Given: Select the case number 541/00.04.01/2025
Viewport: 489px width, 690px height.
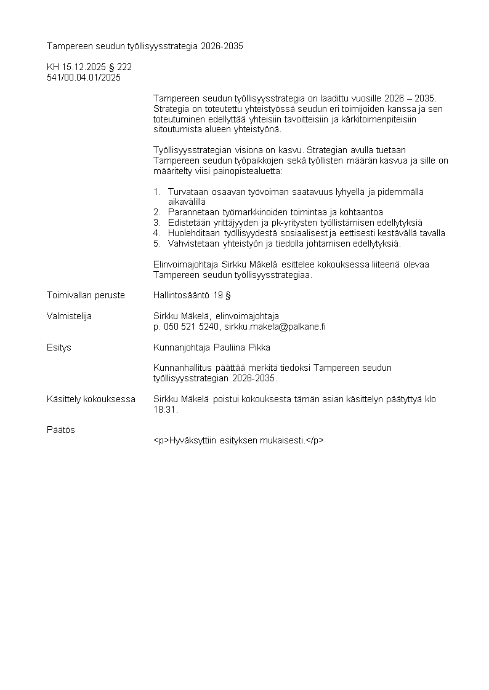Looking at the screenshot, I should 84,77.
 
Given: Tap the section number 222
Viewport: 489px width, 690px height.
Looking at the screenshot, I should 124,67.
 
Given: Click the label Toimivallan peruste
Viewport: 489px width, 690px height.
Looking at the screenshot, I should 86,295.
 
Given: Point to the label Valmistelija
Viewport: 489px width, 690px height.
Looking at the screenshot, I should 69,316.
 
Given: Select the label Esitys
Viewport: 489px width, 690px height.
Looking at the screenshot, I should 59,347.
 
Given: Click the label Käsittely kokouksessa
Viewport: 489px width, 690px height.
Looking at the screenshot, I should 91,399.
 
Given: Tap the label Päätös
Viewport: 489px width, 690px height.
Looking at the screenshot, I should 61,430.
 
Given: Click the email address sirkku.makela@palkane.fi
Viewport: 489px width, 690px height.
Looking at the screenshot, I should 275,327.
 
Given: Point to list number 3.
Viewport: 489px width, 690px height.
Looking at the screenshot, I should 156,223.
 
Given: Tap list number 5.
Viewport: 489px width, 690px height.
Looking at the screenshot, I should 156,244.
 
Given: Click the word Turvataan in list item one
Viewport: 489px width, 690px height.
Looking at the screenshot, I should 187,192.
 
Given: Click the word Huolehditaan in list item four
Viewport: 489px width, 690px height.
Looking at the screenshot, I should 193,233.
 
